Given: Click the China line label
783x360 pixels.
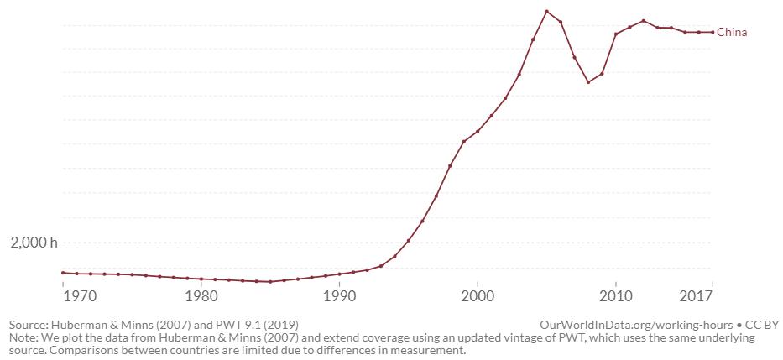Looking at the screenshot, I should pyautogui.click(x=732, y=33).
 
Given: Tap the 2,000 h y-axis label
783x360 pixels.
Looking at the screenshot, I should pyautogui.click(x=34, y=243).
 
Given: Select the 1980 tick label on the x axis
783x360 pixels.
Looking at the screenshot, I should pyautogui.click(x=201, y=296).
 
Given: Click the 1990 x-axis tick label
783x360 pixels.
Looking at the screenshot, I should pyautogui.click(x=339, y=296).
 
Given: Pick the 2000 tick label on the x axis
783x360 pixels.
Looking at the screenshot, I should pyautogui.click(x=478, y=296).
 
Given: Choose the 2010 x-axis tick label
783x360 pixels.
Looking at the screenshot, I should pyautogui.click(x=616, y=296).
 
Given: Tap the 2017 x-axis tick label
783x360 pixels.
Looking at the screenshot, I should pyautogui.click(x=696, y=296).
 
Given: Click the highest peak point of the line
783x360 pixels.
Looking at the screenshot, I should pyautogui.click(x=546, y=12).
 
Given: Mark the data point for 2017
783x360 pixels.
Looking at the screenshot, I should pyautogui.click(x=713, y=32).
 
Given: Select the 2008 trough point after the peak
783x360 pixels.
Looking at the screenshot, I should pyautogui.click(x=588, y=82).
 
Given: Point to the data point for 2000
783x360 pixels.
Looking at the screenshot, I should pyautogui.click(x=478, y=131).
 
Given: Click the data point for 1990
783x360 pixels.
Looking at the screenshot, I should pyautogui.click(x=339, y=274).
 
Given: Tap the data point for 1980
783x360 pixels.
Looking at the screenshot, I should pyautogui.click(x=201, y=279).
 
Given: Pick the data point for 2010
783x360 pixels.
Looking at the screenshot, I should pyautogui.click(x=616, y=34).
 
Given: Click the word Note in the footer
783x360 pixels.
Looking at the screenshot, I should pyautogui.click(x=23, y=337).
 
